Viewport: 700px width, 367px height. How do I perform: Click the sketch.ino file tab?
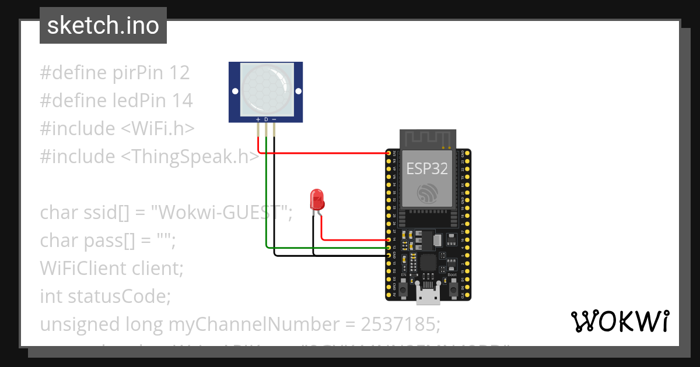pos(103,26)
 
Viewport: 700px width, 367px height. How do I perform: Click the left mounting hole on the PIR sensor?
pos(235,91)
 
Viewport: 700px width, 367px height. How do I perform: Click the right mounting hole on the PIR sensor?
pos(298,91)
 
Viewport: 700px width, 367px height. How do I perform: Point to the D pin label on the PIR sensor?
pos(266,119)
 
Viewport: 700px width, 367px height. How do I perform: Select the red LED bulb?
pos(317,199)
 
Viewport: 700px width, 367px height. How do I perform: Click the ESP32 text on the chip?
pos(427,169)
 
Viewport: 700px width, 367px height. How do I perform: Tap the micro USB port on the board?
pos(428,297)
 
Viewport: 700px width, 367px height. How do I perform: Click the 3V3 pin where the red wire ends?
pos(388,153)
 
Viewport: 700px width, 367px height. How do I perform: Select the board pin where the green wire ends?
pos(388,248)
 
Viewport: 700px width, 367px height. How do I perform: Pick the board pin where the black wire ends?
pos(388,255)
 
